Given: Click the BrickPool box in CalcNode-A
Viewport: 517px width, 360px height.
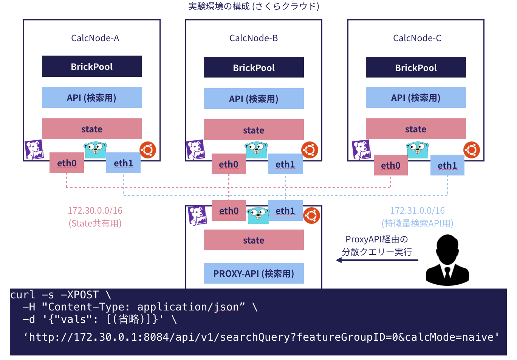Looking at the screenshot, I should (91, 67).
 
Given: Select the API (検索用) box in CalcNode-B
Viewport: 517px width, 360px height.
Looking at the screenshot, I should (254, 99).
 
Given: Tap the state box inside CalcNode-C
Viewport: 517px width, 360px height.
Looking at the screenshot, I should (416, 129).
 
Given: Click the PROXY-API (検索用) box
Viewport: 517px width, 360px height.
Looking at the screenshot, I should (254, 273).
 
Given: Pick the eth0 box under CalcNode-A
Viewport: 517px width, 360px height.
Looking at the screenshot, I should (67, 163).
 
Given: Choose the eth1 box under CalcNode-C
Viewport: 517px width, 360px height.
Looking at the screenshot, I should (447, 165).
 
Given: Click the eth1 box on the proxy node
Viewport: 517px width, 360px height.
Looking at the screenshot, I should (285, 211).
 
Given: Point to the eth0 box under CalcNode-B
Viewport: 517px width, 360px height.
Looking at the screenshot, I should (229, 164).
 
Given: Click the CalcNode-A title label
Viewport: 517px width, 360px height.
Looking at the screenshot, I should (95, 38).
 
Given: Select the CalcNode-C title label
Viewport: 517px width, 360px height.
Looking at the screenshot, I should (417, 38).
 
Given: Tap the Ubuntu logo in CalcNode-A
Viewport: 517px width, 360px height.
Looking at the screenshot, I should (148, 150).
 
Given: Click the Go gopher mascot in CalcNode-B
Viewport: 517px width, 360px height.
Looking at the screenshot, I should (256, 150).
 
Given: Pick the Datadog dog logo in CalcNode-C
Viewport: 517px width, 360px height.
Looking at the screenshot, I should (361, 150).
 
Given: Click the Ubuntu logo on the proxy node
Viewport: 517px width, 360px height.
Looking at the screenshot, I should (311, 216).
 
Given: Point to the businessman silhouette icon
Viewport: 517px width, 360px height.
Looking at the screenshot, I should (447, 260).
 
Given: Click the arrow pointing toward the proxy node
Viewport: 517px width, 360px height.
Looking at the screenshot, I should (377, 260).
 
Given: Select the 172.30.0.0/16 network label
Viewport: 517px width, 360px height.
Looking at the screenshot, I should (95, 211).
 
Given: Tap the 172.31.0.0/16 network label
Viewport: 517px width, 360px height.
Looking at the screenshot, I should (417, 211).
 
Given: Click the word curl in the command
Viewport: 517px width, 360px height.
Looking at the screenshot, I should (23, 295).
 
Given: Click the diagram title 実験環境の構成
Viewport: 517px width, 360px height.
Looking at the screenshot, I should (220, 6).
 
